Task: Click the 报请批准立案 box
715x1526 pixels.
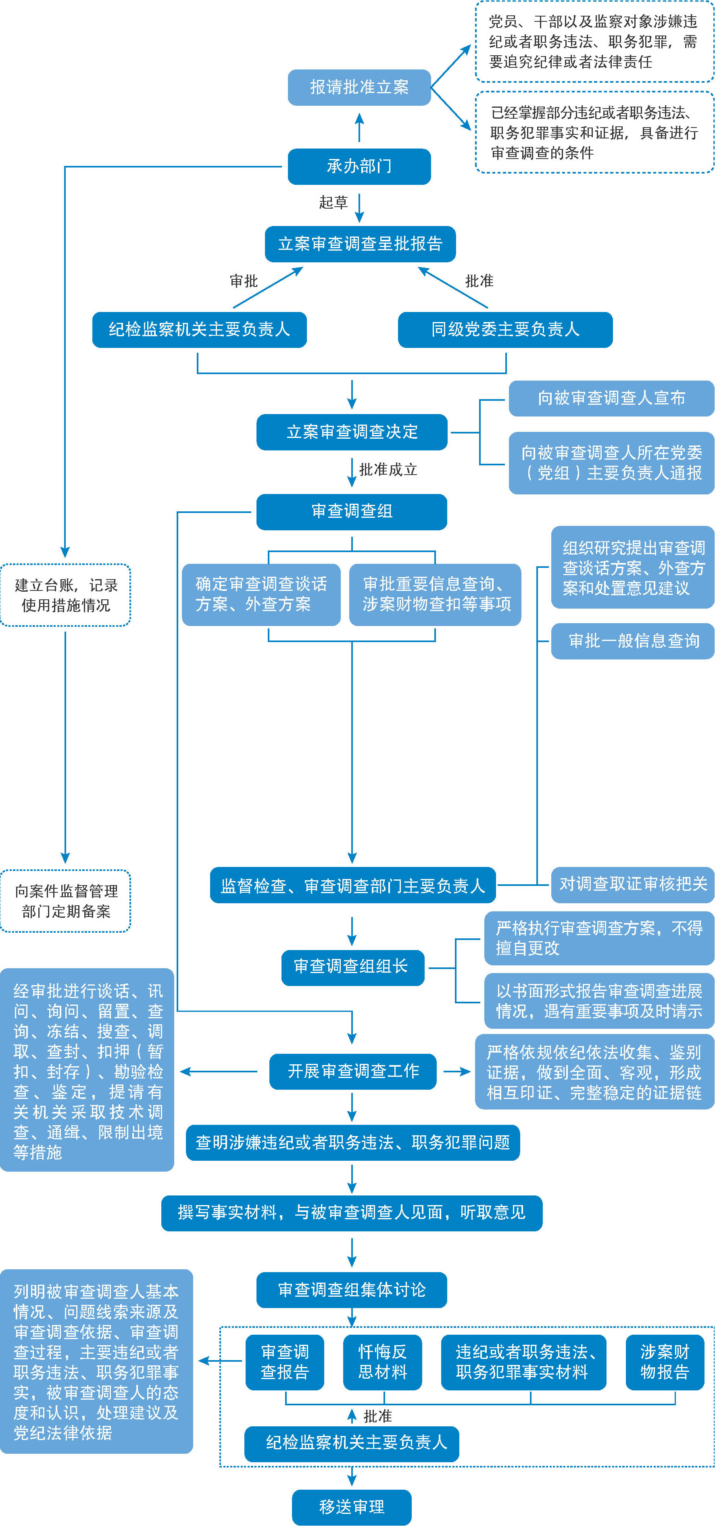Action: (x=359, y=87)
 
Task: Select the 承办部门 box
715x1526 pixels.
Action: (x=359, y=166)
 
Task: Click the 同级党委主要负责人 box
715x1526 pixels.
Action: (x=505, y=329)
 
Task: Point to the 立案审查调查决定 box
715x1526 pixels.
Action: (x=352, y=432)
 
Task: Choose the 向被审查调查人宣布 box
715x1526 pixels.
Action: (x=611, y=398)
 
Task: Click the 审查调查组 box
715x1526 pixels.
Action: (x=352, y=512)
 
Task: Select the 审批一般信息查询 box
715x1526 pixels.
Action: (x=633, y=641)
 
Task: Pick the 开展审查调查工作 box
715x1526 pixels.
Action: (x=353, y=1072)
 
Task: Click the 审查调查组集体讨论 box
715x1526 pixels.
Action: (x=352, y=1289)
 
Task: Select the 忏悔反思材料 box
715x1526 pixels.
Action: (x=382, y=1362)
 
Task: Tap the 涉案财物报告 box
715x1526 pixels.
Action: (x=665, y=1362)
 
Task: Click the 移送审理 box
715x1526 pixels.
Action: (x=352, y=1507)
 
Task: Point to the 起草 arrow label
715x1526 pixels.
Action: (x=333, y=203)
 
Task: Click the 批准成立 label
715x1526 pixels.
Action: (x=388, y=470)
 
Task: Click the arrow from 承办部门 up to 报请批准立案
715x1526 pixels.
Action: (x=359, y=128)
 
